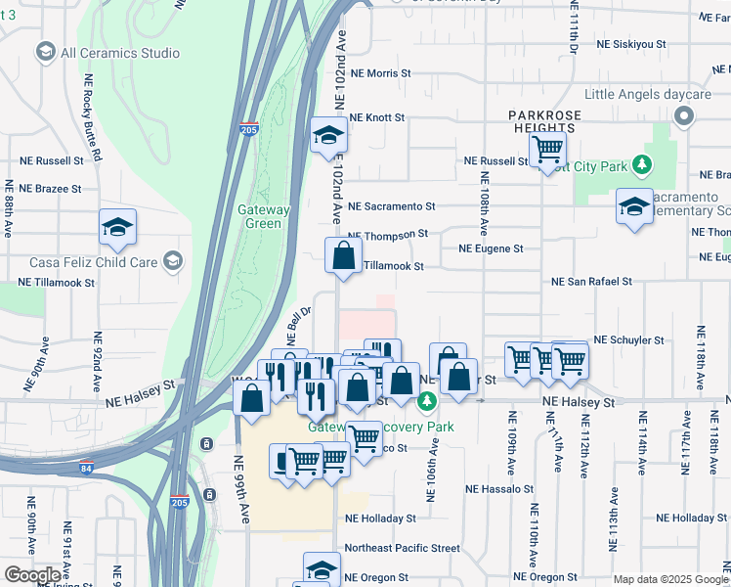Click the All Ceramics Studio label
click(x=119, y=53)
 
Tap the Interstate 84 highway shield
click(x=87, y=468)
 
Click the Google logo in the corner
click(x=32, y=575)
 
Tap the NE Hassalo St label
click(x=499, y=488)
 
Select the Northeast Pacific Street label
click(x=402, y=548)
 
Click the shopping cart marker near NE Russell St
click(x=547, y=150)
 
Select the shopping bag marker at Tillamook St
click(x=343, y=256)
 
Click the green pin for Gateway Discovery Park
click(x=426, y=401)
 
